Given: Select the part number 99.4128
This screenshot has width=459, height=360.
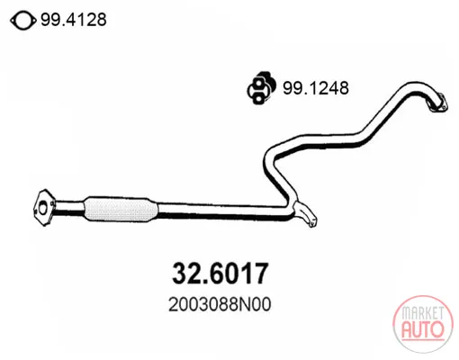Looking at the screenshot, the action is [74, 20].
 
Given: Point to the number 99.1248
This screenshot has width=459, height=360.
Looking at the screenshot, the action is [316, 88].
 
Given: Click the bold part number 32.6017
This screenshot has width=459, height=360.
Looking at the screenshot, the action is [220, 273].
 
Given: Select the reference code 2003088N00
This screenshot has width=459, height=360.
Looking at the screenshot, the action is [220, 304].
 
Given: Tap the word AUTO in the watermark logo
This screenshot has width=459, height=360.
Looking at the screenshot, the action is [423, 329].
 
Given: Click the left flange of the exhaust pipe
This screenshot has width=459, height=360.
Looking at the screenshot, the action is [44, 208].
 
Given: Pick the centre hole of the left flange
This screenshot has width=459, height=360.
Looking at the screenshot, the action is [43, 209].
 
